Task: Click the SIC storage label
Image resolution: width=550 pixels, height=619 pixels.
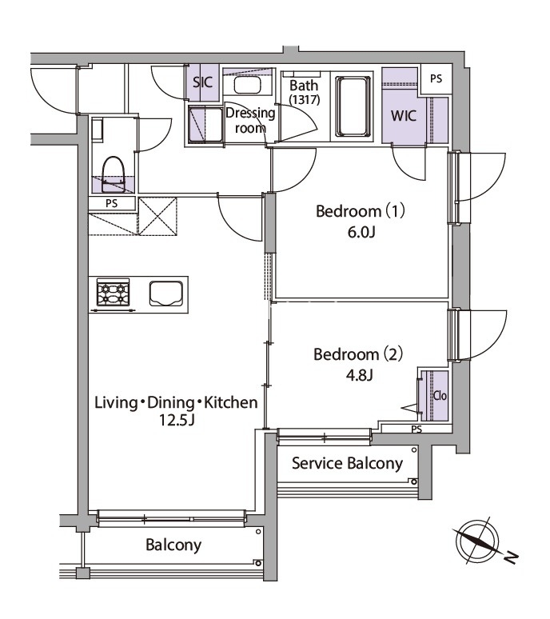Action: (x=203, y=82)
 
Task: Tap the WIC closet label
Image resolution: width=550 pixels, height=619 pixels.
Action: (x=403, y=116)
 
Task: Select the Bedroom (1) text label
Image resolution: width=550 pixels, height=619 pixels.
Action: (x=361, y=211)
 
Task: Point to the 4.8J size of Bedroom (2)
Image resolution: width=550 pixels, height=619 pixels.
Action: (x=360, y=374)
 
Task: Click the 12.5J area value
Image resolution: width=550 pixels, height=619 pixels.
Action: (x=177, y=421)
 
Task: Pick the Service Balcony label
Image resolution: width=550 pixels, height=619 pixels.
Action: (x=347, y=463)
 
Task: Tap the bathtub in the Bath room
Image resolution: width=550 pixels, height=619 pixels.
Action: (x=353, y=106)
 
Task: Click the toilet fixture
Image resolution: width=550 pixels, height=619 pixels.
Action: (x=114, y=174)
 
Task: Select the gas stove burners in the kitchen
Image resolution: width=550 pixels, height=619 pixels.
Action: (x=114, y=293)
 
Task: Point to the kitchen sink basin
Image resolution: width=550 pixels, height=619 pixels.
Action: (x=166, y=294)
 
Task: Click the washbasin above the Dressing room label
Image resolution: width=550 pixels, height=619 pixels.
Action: (x=246, y=85)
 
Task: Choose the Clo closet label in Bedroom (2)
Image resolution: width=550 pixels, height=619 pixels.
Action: (x=440, y=395)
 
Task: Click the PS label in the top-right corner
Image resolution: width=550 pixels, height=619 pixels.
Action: (x=436, y=78)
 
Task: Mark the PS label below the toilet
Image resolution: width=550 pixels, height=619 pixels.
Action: (x=112, y=203)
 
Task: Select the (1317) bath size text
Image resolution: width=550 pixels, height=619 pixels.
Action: (x=305, y=99)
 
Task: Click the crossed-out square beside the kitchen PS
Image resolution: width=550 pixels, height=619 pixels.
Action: (x=157, y=217)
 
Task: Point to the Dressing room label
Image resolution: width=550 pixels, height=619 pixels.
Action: (x=250, y=120)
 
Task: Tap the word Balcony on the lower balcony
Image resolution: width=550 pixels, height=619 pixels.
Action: (x=173, y=545)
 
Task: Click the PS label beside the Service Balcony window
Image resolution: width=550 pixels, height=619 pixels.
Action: (x=416, y=429)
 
